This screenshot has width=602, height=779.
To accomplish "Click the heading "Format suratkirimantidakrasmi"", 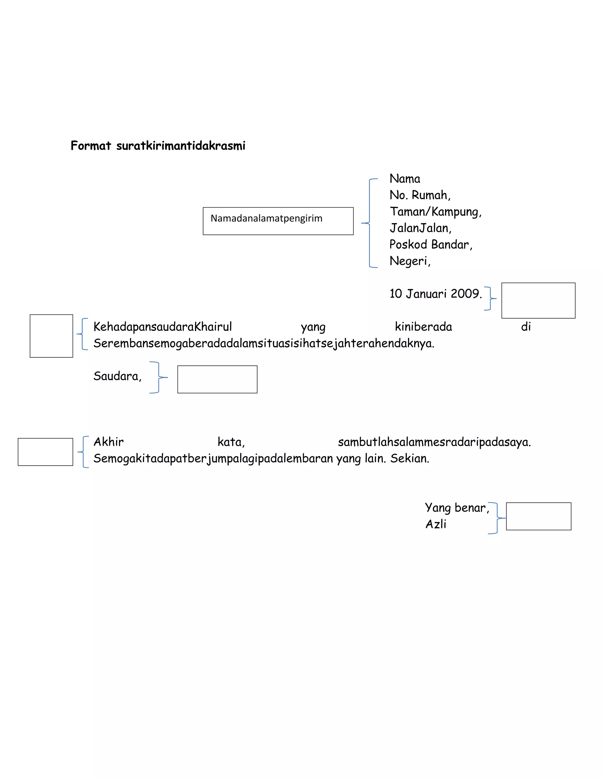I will click(x=158, y=146).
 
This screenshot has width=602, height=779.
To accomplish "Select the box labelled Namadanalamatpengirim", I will click(x=278, y=221).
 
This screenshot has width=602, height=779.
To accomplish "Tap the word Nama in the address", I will click(x=404, y=179).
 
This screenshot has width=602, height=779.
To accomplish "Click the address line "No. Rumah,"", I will click(x=420, y=195).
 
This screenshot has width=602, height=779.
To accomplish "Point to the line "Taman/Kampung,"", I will click(x=435, y=212).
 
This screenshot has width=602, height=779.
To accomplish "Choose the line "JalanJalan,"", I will click(x=420, y=228).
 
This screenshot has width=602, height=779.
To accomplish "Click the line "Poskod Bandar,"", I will click(x=430, y=245).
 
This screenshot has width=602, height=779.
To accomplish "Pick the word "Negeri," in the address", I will click(x=410, y=261).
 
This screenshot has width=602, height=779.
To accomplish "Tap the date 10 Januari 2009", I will click(x=435, y=294).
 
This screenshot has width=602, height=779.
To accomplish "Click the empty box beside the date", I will click(x=538, y=300).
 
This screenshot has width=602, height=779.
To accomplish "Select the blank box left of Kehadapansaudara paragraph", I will click(x=51, y=336).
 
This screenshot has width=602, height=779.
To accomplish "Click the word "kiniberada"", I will click(x=423, y=327).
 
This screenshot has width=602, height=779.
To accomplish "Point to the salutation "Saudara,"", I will click(x=117, y=376).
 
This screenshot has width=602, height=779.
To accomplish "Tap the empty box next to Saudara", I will click(x=217, y=379).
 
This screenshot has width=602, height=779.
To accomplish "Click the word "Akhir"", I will click(x=108, y=442).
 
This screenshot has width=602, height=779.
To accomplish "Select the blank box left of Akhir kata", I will click(x=45, y=452).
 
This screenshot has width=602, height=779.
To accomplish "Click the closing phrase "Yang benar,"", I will click(x=456, y=508).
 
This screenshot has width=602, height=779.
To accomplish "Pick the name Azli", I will click(x=436, y=524).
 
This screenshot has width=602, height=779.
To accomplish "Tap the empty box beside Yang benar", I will click(x=538, y=516).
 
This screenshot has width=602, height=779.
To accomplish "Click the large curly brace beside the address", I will click(x=369, y=223).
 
